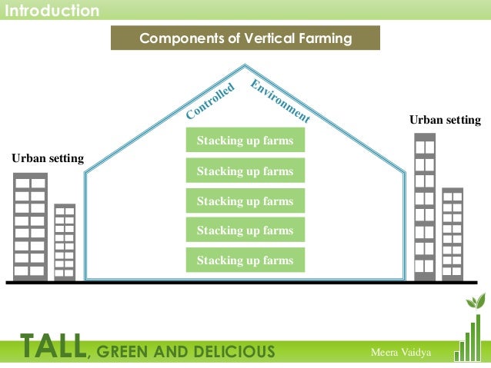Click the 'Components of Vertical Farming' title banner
point(245,38)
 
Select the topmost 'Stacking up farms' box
point(245,141)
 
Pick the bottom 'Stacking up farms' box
point(245,260)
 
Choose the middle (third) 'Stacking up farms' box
point(245,201)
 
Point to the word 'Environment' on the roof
point(280,101)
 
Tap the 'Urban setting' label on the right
point(444,121)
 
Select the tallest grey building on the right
point(425,206)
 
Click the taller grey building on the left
point(30,226)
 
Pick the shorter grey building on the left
point(65,241)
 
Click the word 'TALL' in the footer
point(53,348)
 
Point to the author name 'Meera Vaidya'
point(401,352)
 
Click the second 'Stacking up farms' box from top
point(245,171)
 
